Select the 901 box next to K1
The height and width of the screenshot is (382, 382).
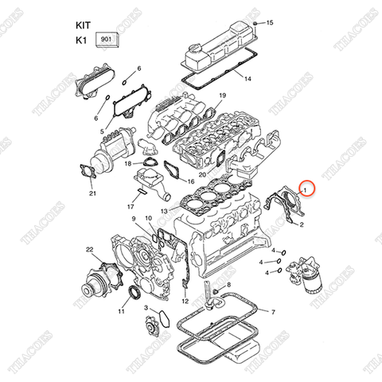coord(106,38)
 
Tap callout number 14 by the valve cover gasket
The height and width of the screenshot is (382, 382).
coord(248,79)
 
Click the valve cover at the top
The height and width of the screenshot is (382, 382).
coord(216,49)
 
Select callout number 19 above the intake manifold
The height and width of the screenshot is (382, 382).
coord(223,96)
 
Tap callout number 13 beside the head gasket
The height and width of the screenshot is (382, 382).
coord(163,210)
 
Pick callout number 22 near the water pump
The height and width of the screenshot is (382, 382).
coord(90,251)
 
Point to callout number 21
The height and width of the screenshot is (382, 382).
coord(92,193)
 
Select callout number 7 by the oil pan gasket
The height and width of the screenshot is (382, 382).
coord(273,312)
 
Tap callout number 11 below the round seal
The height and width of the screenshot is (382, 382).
coord(121,313)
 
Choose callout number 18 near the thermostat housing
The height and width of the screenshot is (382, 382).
coord(127,163)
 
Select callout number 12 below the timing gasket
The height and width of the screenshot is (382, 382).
coord(185,302)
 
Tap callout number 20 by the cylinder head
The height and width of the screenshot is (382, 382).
coord(202,174)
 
